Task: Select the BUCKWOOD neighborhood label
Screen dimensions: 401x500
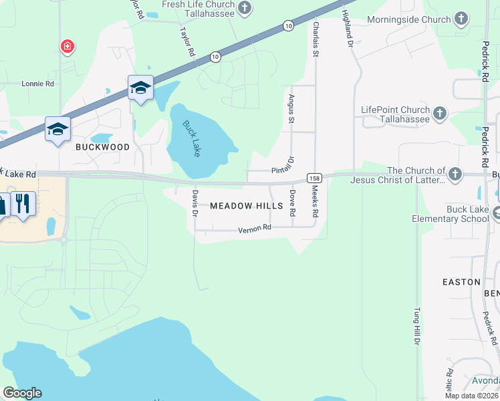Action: point(102,147)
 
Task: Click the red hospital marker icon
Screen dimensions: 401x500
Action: point(68,47)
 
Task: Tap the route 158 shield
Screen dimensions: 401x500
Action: point(315,178)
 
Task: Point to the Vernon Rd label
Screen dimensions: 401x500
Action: point(255,228)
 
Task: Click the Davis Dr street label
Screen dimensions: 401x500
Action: point(195,204)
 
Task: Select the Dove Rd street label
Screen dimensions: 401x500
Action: point(293,203)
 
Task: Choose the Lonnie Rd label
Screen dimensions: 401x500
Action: point(37,84)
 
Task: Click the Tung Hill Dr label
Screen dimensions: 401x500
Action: point(416,326)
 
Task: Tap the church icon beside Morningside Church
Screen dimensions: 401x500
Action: point(461,19)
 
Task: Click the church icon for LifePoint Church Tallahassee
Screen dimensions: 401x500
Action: point(440,114)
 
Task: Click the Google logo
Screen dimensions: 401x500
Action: point(22,393)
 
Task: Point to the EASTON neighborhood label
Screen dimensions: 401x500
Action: point(461,282)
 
